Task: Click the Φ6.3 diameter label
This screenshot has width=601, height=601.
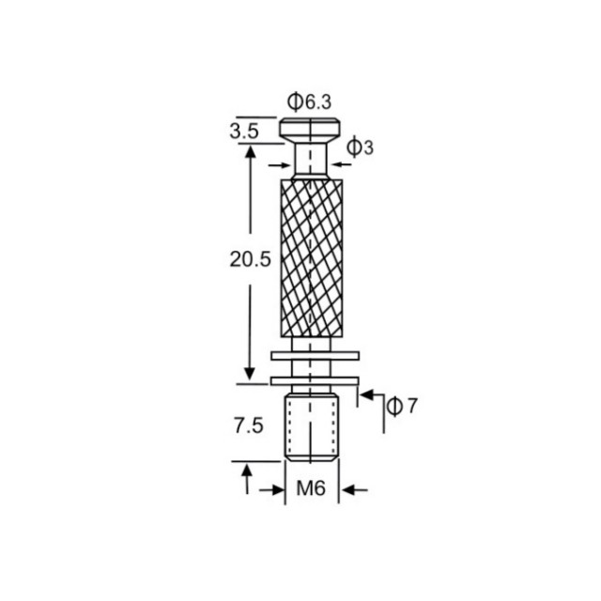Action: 309,101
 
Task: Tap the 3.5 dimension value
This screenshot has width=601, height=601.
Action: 244,131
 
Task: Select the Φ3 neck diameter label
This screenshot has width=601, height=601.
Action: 360,147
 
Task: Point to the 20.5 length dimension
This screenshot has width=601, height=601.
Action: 251,259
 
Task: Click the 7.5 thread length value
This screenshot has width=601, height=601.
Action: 249,425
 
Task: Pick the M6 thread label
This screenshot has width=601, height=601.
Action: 311,488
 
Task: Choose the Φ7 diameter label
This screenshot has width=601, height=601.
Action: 401,407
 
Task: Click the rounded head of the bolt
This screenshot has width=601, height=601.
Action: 310,129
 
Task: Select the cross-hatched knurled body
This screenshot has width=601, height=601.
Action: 312,258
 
